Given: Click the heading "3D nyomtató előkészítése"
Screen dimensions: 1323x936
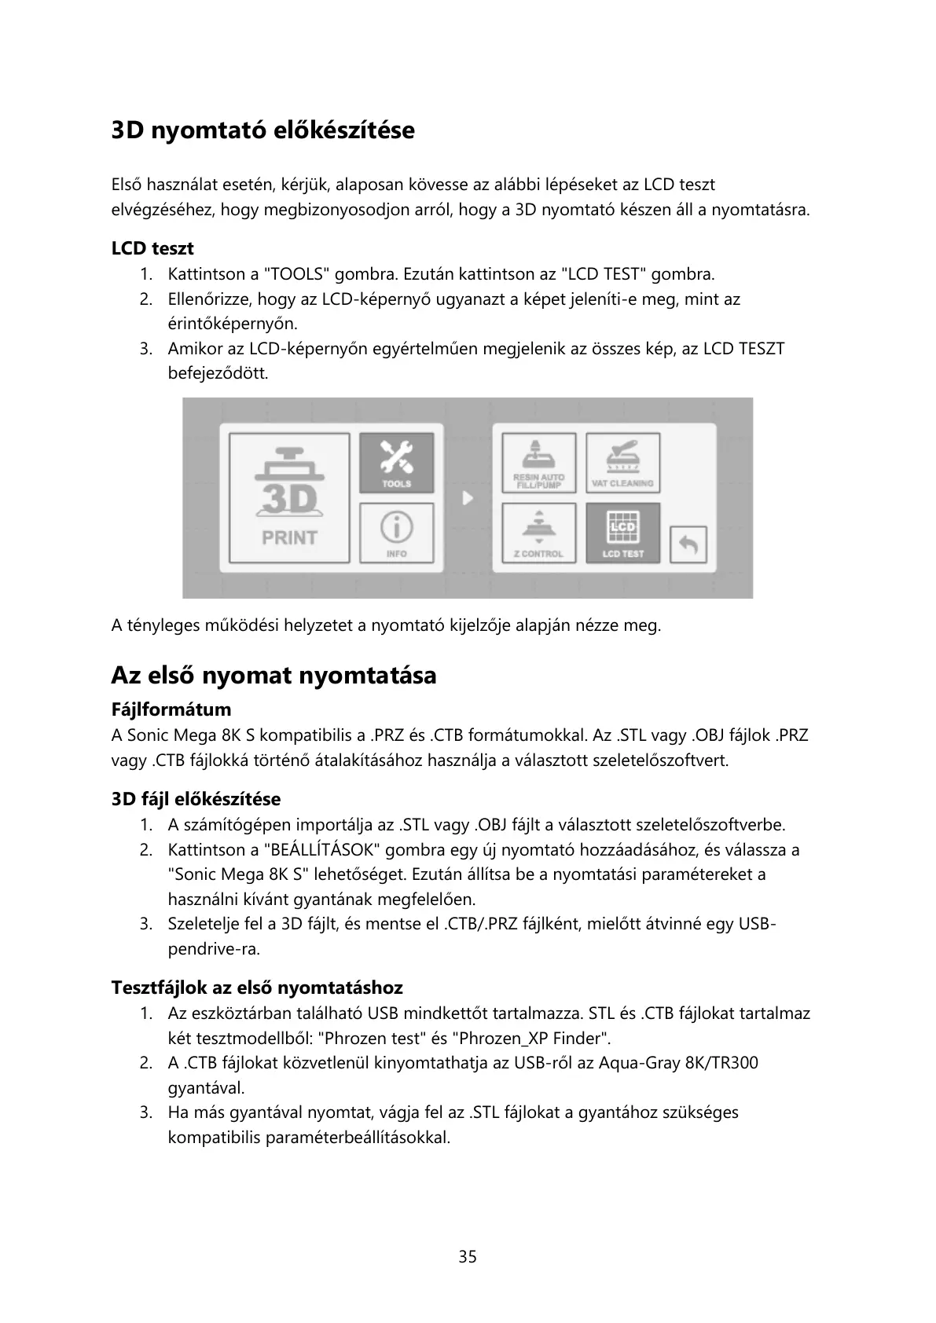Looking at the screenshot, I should click(262, 130).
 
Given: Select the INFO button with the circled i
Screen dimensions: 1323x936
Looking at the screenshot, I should click(397, 533).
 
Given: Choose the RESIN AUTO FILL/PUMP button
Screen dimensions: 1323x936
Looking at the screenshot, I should click(538, 464).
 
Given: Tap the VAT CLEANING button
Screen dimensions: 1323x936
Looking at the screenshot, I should click(622, 464).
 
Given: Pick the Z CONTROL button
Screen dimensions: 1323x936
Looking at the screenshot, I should click(538, 533).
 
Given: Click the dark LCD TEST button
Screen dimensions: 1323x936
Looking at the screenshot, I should click(622, 533).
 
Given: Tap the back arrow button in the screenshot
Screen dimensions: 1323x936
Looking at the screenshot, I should click(688, 544).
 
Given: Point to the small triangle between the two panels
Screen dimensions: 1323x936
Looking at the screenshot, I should click(468, 498).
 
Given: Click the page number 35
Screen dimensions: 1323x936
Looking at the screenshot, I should click(468, 1256).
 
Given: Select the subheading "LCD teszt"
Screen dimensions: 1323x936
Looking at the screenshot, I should click(152, 249).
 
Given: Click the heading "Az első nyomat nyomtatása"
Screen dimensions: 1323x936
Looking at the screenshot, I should click(273, 675).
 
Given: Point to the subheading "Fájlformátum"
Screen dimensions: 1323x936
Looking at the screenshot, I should click(171, 710).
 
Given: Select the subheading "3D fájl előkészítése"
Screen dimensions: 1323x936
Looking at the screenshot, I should click(196, 800).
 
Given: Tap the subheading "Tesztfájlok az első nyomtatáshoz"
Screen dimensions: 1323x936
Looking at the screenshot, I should click(257, 988).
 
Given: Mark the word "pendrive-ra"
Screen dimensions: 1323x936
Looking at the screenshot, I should click(213, 949).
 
